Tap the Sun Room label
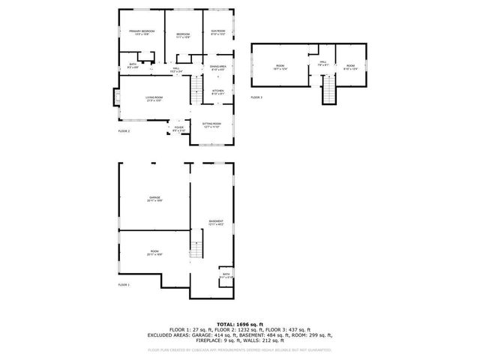[218, 32]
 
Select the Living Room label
[155, 99]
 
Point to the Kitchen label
[217, 91]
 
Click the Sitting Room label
[212, 125]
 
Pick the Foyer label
[179, 128]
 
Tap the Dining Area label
[218, 68]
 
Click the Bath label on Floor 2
[133, 65]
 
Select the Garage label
[154, 199]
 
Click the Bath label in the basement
[226, 275]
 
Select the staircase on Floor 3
[328, 91]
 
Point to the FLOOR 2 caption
[124, 131]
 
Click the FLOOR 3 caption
[257, 97]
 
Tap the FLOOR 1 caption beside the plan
[124, 285]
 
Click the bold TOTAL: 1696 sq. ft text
[240, 322]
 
